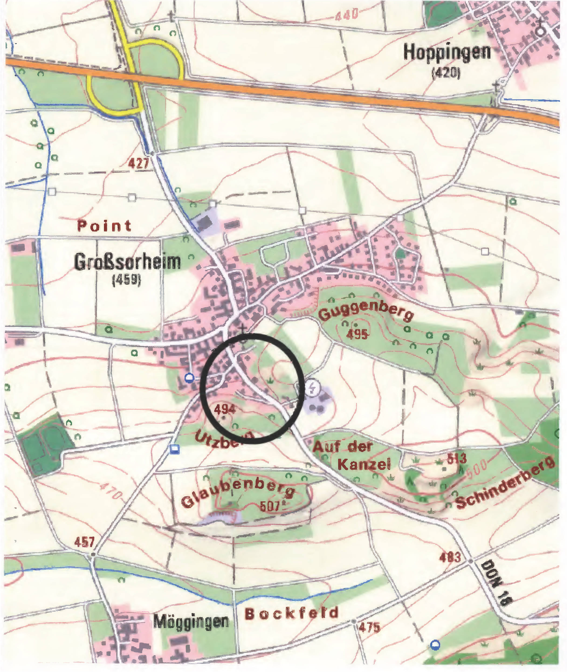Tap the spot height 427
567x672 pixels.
coord(138,163)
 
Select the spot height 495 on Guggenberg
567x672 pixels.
coord(357,334)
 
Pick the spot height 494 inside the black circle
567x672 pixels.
coord(225,409)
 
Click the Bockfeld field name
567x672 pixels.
coord(292,614)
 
